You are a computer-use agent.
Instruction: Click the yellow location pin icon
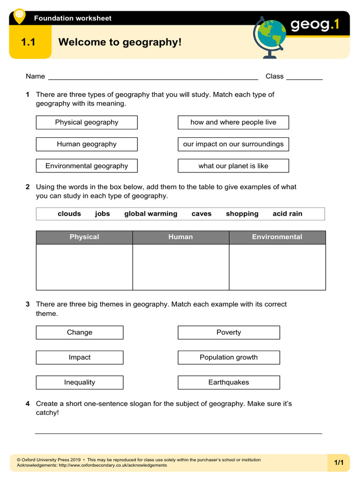(19, 16)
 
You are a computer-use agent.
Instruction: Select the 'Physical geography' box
(87, 122)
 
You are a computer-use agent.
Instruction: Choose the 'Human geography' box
(87, 144)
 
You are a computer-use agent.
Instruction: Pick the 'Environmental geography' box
(87, 166)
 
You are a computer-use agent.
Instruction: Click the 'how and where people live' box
(233, 122)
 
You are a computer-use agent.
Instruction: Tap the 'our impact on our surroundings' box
(233, 144)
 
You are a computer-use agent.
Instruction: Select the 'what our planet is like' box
(233, 166)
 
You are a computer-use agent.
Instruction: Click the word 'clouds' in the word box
(69, 214)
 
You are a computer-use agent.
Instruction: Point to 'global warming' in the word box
(150, 214)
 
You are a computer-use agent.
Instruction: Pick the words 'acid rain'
(287, 214)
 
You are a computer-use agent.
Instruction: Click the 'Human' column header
(180, 237)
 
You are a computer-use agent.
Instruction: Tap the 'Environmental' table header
(277, 237)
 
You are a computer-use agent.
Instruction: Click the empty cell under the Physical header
(84, 267)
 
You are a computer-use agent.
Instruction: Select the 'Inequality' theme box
(80, 382)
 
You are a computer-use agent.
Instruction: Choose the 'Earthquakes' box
(229, 382)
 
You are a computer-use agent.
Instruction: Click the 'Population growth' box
(229, 358)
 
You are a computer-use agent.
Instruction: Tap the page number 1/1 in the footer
(338, 463)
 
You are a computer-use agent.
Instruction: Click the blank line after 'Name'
(153, 77)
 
